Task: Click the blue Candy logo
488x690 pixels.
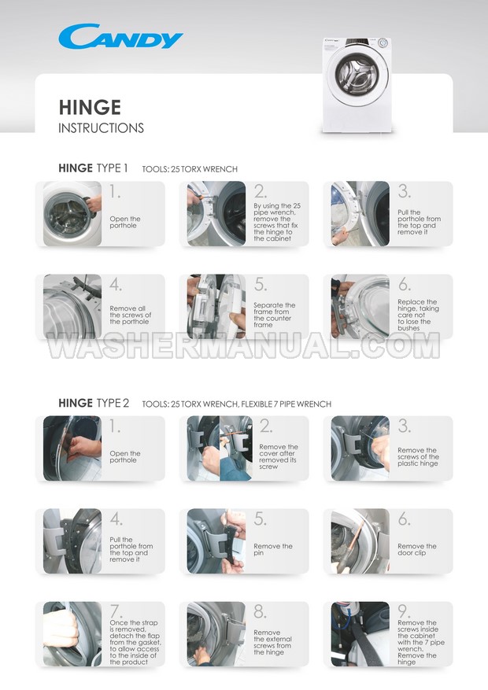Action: [120, 36]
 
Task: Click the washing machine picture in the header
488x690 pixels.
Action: [357, 84]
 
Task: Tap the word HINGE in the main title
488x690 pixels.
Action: [90, 107]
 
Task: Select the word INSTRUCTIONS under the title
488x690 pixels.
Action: [102, 128]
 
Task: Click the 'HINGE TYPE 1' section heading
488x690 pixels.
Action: [93, 168]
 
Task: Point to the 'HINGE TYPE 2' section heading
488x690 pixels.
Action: [94, 403]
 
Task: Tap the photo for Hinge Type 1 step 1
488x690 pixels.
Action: [72, 213]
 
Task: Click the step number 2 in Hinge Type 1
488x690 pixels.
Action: [260, 191]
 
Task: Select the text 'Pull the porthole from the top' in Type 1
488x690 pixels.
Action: [419, 219]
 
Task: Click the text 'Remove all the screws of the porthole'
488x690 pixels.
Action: [130, 315]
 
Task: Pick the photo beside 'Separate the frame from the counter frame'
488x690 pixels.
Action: [216, 307]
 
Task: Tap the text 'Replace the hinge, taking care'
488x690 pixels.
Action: [417, 308]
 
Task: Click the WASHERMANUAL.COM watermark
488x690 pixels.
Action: [244, 345]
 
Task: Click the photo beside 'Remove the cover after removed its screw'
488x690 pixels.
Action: [220, 448]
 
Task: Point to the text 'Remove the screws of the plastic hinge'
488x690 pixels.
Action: [418, 457]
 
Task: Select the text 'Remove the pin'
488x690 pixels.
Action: [273, 549]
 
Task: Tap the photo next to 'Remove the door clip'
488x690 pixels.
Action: [360, 541]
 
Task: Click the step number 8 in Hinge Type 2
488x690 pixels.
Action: [260, 611]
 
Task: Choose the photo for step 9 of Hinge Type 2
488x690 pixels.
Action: [360, 634]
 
